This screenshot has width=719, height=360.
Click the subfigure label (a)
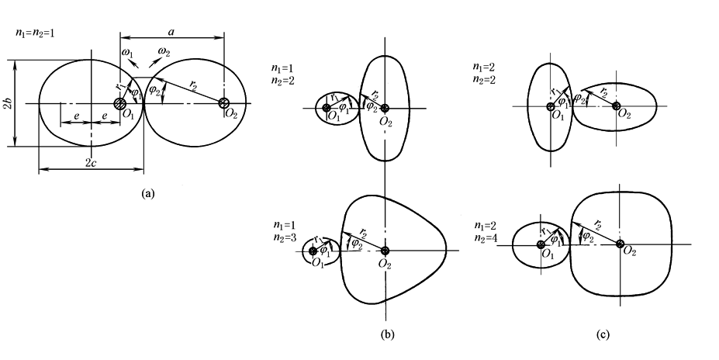(148, 193)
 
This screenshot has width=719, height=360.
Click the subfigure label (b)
(387, 334)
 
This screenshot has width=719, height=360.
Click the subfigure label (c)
(603, 334)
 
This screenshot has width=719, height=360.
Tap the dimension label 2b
(8, 104)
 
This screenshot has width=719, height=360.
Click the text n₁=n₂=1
(34, 33)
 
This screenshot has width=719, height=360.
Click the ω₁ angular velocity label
(127, 53)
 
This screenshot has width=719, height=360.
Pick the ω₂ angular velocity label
(164, 52)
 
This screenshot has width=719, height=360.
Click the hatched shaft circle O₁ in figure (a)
(119, 102)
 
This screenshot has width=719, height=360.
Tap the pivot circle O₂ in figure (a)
(224, 102)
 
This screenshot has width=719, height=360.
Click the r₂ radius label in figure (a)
(192, 84)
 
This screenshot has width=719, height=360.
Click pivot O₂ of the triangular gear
(385, 251)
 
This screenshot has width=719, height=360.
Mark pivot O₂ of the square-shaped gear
(620, 244)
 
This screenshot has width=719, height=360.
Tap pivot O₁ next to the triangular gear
(313, 251)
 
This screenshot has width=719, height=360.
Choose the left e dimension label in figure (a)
(76, 116)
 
